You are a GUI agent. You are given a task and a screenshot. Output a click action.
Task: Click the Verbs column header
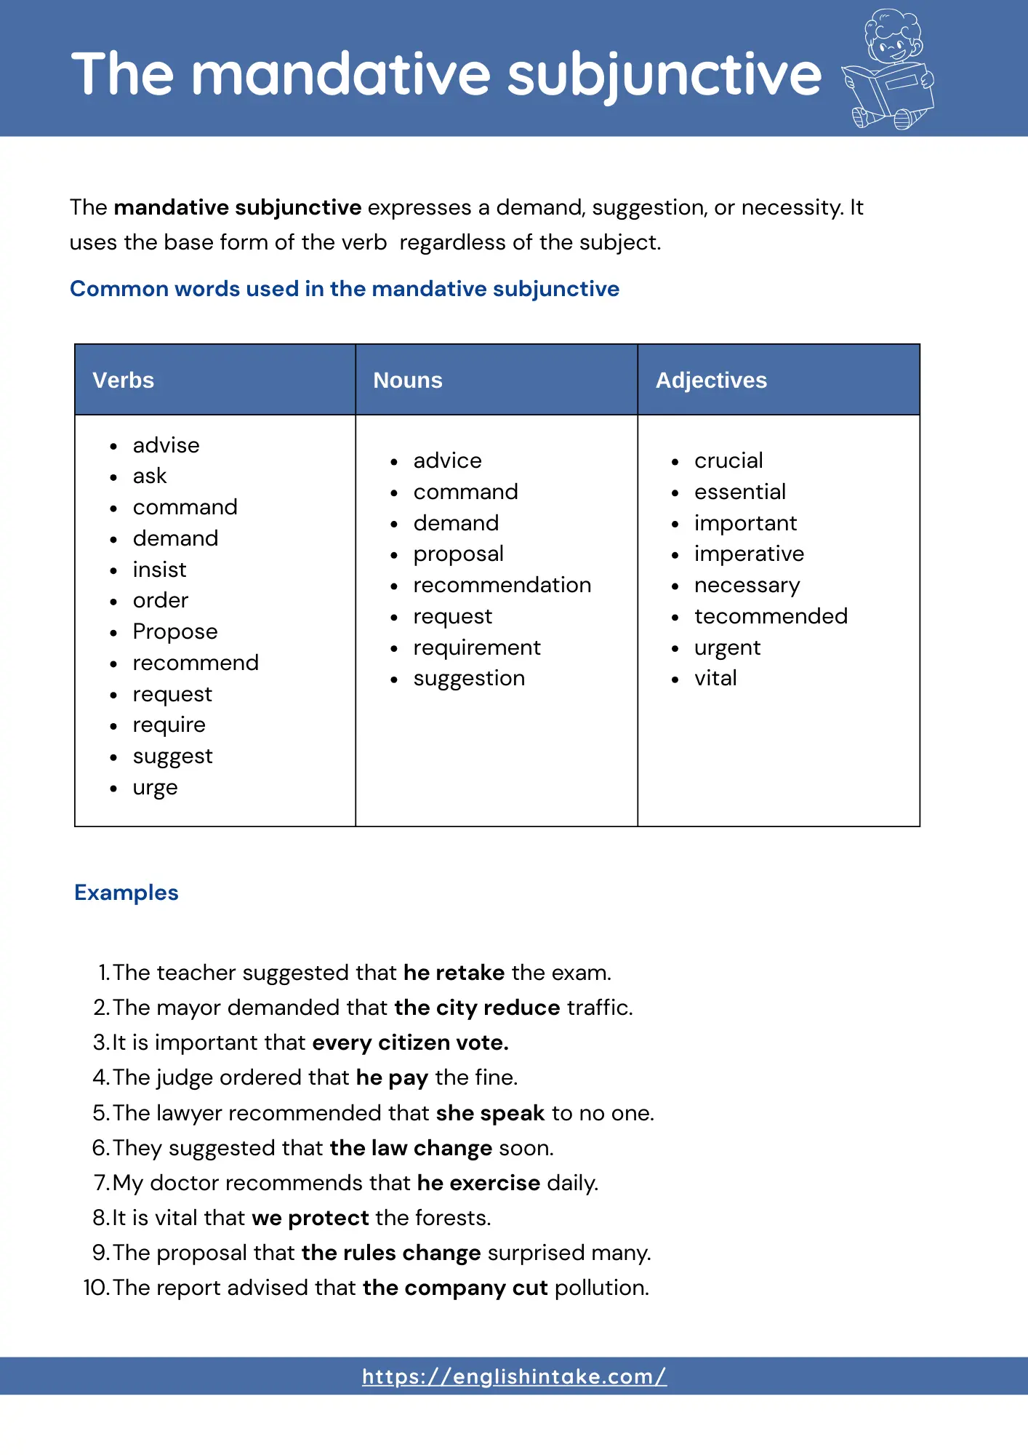(x=123, y=380)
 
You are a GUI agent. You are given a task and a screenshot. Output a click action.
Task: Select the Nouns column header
(x=407, y=380)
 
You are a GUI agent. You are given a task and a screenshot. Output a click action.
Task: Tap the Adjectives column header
(x=711, y=380)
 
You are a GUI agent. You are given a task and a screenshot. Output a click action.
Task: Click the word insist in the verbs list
(x=159, y=570)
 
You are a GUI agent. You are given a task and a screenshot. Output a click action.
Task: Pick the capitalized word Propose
(x=175, y=631)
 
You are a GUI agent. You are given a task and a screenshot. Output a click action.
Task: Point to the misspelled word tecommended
(x=771, y=616)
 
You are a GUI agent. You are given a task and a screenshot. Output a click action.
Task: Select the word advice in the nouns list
(x=447, y=461)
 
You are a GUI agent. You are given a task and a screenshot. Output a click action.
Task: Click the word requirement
(x=477, y=647)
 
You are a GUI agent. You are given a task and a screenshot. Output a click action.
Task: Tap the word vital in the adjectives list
(x=715, y=678)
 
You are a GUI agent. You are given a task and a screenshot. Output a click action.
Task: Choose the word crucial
(x=728, y=461)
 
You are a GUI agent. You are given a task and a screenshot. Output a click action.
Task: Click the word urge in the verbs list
(x=155, y=788)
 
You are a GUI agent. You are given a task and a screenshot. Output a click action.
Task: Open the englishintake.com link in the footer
(x=514, y=1376)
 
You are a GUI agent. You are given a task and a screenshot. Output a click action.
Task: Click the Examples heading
(x=127, y=893)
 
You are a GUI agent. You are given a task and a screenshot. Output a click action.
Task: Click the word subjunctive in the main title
(x=664, y=74)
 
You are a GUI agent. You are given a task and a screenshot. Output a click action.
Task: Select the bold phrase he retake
(x=454, y=973)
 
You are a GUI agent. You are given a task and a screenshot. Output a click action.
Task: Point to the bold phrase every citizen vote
(x=411, y=1043)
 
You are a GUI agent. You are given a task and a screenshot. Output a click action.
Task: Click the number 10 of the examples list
(x=95, y=1288)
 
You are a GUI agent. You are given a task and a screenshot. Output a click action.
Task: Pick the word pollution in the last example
(x=601, y=1288)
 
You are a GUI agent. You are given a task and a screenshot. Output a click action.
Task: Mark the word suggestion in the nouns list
(x=469, y=679)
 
